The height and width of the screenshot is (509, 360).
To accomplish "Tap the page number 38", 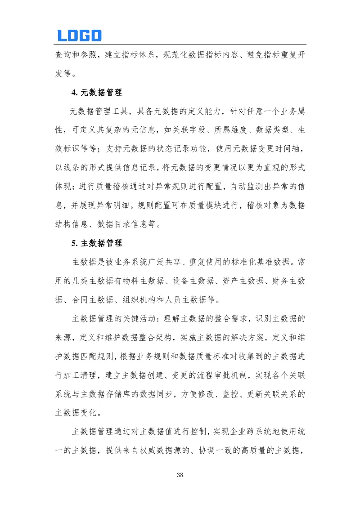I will (x=180, y=475).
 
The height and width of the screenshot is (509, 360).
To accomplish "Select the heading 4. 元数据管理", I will (x=97, y=93).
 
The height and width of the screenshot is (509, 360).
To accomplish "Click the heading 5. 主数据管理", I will (x=97, y=243).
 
